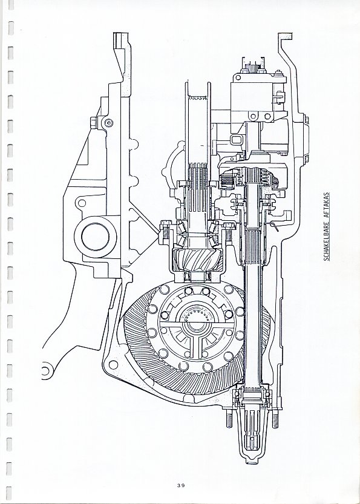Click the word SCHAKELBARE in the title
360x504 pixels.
pos(326,240)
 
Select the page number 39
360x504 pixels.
pos(181,485)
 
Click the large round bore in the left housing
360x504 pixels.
pos(96,237)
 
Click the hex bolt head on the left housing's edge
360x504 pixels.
pos(94,122)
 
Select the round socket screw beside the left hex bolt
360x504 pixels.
pos(109,122)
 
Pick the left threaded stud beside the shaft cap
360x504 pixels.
pos(229,419)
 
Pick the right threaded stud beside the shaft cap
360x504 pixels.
pos(275,419)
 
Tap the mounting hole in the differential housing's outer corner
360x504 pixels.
pos(113,365)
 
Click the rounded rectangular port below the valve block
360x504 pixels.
pos(236,140)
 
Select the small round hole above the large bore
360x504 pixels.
pos(82,203)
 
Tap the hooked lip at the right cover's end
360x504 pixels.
pos(285,36)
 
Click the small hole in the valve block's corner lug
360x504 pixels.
pos(238,77)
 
